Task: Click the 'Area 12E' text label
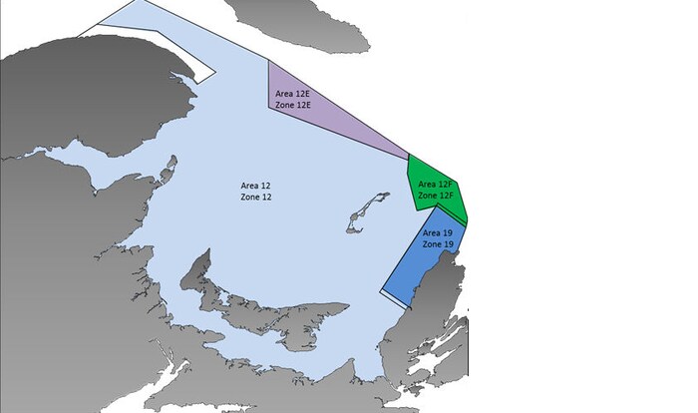tap(293, 93)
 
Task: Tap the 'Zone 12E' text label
tap(293, 105)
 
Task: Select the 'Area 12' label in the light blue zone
tap(256, 186)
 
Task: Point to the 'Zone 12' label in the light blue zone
tap(256, 198)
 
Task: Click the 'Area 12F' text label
tap(436, 185)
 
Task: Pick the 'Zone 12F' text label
tap(436, 196)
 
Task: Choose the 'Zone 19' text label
tap(439, 244)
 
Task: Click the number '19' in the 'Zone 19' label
tap(449, 244)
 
